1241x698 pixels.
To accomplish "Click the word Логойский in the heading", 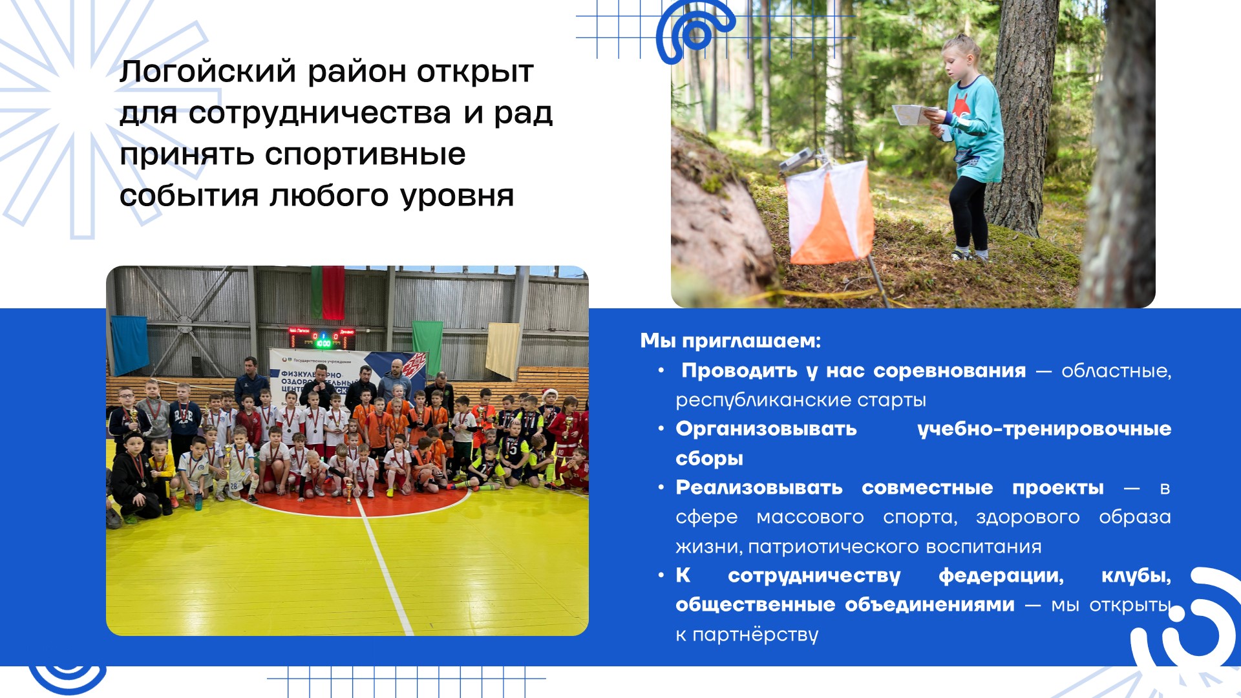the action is click(208, 71).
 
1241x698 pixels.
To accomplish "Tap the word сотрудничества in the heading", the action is click(320, 113).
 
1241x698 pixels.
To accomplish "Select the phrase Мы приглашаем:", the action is click(730, 341).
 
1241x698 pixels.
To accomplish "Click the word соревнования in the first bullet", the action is click(949, 370).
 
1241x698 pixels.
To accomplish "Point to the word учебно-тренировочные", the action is click(1045, 428).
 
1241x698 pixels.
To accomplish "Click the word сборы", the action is click(709, 458).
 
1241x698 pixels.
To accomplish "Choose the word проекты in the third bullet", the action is click(1058, 488).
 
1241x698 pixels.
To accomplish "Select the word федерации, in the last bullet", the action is click(1001, 575).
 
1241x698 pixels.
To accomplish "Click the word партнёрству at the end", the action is click(756, 635).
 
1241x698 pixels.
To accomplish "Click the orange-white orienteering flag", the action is click(829, 212).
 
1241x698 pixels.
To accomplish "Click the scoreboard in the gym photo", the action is click(322, 337).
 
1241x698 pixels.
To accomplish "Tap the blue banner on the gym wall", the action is click(130, 344).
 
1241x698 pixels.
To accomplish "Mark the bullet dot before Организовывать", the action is click(661, 428).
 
